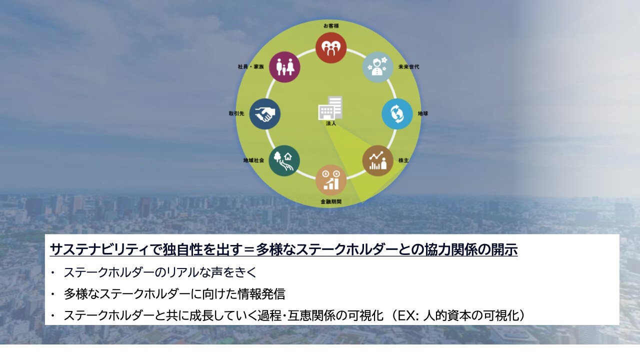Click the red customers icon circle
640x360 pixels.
coord(331,47)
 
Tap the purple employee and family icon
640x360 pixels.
coord(284,67)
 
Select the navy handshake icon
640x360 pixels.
coord(265,114)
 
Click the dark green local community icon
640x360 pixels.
coord(284,160)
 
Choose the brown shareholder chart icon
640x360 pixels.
coord(377,160)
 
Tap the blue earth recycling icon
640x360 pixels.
coord(397,114)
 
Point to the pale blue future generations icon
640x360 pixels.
coord(377,67)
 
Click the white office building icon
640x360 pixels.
coord(330,108)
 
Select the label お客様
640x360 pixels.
coord(331,26)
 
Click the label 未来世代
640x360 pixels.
coord(409,67)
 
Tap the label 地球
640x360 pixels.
coord(423,113)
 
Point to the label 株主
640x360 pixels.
coord(403,160)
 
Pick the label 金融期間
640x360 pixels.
coord(331,201)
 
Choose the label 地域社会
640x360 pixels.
coord(253,160)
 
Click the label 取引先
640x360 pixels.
coord(236,113)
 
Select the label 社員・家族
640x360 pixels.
coord(251,67)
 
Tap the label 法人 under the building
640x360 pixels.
coord(331,123)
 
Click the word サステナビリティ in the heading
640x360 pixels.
coord(99,249)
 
